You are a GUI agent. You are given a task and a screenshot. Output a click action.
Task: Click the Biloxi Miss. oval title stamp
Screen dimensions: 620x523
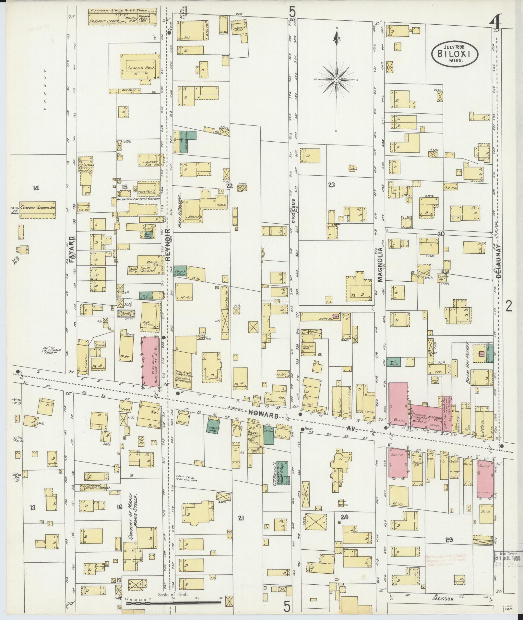point(455,54)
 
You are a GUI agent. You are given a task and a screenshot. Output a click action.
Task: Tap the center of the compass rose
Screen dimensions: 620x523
point(337,79)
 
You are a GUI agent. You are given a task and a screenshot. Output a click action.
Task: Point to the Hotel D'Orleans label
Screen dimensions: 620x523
point(179,208)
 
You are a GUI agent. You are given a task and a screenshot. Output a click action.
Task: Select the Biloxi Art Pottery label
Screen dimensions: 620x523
point(468,363)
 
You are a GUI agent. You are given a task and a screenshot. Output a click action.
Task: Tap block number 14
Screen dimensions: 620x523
point(36,188)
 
